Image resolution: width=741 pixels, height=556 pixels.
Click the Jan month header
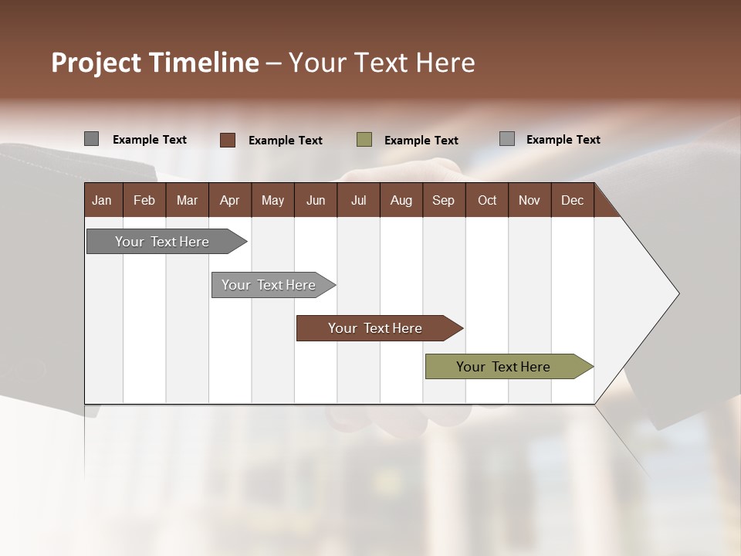point(102,200)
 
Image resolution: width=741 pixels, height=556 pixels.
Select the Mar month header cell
point(187,200)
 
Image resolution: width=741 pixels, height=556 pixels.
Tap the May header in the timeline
point(272,200)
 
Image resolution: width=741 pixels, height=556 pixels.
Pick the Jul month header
point(358,200)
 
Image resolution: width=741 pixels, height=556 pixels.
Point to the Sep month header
point(443,200)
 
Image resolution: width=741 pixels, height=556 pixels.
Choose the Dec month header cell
point(572,200)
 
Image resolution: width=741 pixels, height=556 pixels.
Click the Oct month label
point(487,200)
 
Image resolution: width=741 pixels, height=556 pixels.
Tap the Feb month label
point(144,200)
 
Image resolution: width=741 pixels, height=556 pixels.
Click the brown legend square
point(227,140)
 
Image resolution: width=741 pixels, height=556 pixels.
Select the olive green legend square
point(364,140)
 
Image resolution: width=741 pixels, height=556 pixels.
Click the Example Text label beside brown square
point(285,141)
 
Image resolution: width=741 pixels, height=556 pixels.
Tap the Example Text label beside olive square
point(421,141)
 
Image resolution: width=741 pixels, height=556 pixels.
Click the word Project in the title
point(96,63)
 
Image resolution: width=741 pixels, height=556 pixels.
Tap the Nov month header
point(529,200)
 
